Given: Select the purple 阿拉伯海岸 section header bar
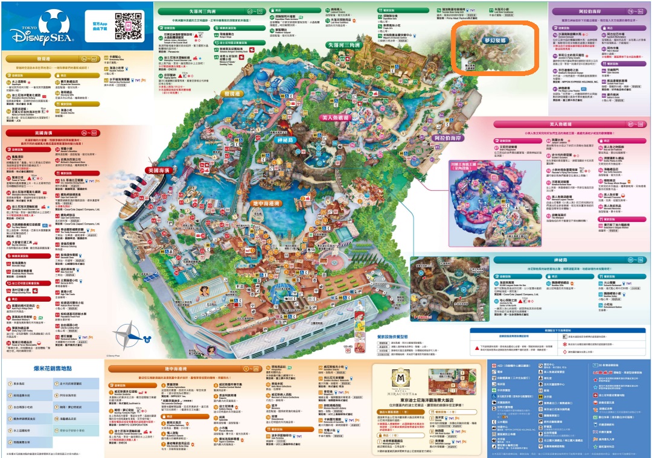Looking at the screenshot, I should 598,11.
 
